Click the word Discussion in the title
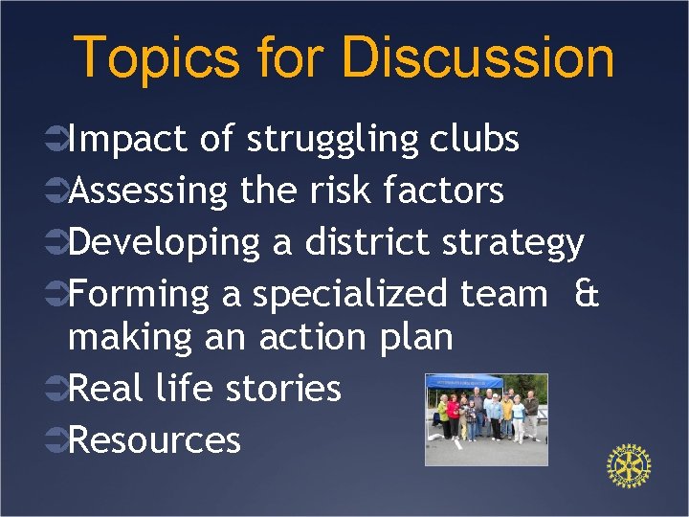pos(478,57)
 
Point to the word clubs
pos(474,140)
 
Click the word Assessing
pos(148,192)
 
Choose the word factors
pos(443,191)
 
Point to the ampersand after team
pos(586,293)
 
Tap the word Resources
pos(154,440)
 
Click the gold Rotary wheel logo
pos(629,465)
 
